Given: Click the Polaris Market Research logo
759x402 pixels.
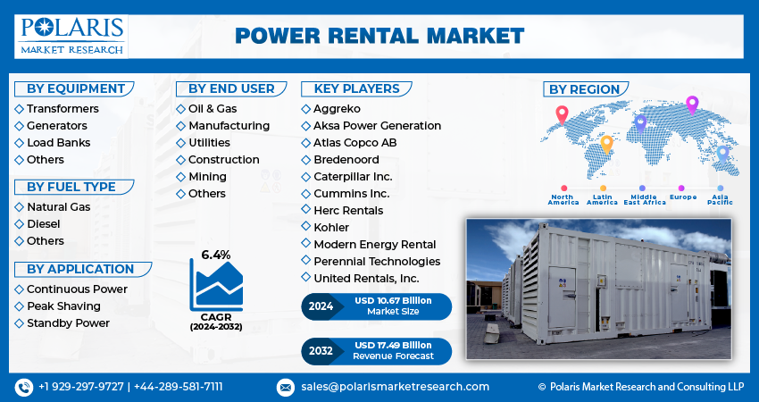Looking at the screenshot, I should (71, 35).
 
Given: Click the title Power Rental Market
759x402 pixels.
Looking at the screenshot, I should (379, 36).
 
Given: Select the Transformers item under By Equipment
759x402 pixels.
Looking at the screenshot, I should (63, 109).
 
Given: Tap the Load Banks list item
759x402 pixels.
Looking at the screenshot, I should (58, 143).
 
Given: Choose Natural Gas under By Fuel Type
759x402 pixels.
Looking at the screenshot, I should (58, 207).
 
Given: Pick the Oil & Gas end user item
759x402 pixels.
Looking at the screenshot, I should (213, 109).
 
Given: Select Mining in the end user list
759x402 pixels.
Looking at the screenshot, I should (207, 177).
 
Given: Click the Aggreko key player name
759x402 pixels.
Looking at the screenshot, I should (337, 109).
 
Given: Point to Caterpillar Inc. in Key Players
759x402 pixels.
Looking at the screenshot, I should (353, 177).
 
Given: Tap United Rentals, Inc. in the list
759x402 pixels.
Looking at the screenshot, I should (367, 279).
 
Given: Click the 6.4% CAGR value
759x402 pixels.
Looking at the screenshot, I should (215, 255).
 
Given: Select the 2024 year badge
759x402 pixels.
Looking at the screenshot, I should (321, 306).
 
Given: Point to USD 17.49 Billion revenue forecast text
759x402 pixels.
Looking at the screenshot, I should (394, 345).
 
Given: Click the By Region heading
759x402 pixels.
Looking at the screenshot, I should (584, 89).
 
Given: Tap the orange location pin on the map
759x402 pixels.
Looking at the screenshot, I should (606, 143).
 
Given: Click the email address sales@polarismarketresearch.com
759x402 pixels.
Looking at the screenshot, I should (394, 387).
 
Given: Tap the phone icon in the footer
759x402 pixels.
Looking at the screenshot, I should (24, 387).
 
